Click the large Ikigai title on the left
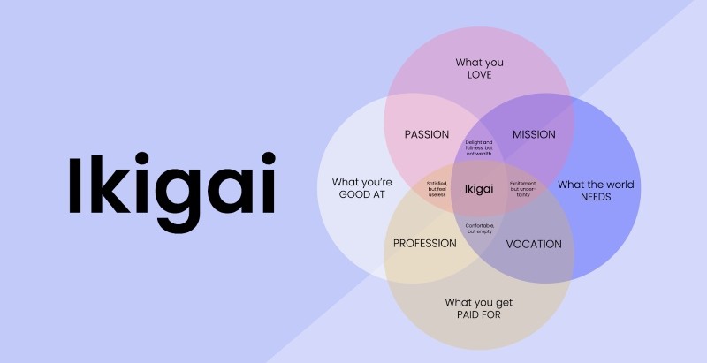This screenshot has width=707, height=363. click(x=171, y=185)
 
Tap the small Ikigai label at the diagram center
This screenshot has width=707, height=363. click(x=478, y=189)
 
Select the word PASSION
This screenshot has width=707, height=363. click(x=427, y=134)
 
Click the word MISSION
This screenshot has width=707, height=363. click(x=534, y=134)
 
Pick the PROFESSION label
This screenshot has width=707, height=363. click(x=424, y=244)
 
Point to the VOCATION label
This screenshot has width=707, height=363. click(x=534, y=244)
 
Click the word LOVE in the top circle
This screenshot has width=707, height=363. click(x=479, y=75)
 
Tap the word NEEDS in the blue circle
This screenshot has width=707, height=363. click(x=596, y=197)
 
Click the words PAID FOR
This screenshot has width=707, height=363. click(x=478, y=314)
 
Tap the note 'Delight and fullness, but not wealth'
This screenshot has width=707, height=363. click(x=478, y=147)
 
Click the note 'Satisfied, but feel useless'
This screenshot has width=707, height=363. click(x=437, y=189)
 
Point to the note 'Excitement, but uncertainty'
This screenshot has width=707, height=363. click(x=523, y=189)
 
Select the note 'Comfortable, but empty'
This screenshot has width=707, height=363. click(x=478, y=228)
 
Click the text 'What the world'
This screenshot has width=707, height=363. click(x=596, y=185)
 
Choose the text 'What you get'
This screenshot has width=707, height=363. click(x=478, y=302)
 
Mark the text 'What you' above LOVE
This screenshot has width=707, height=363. click(x=479, y=63)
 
